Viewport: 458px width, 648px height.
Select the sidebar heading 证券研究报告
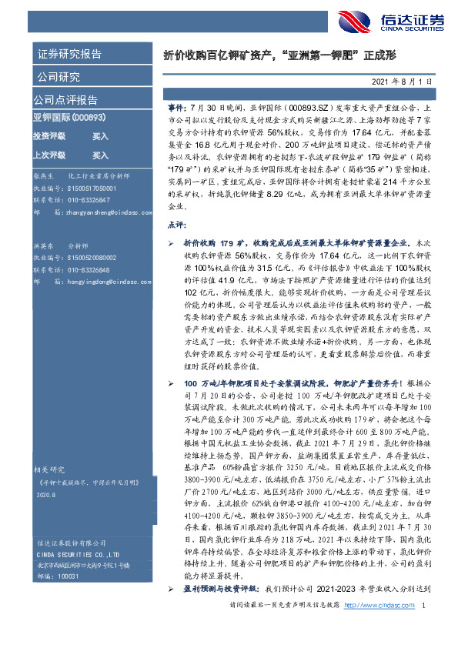[x=69, y=55]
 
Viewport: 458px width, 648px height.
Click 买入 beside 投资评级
[x=100, y=135]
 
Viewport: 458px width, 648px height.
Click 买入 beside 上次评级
[x=100, y=154]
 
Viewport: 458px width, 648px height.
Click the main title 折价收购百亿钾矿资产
[x=219, y=55]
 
